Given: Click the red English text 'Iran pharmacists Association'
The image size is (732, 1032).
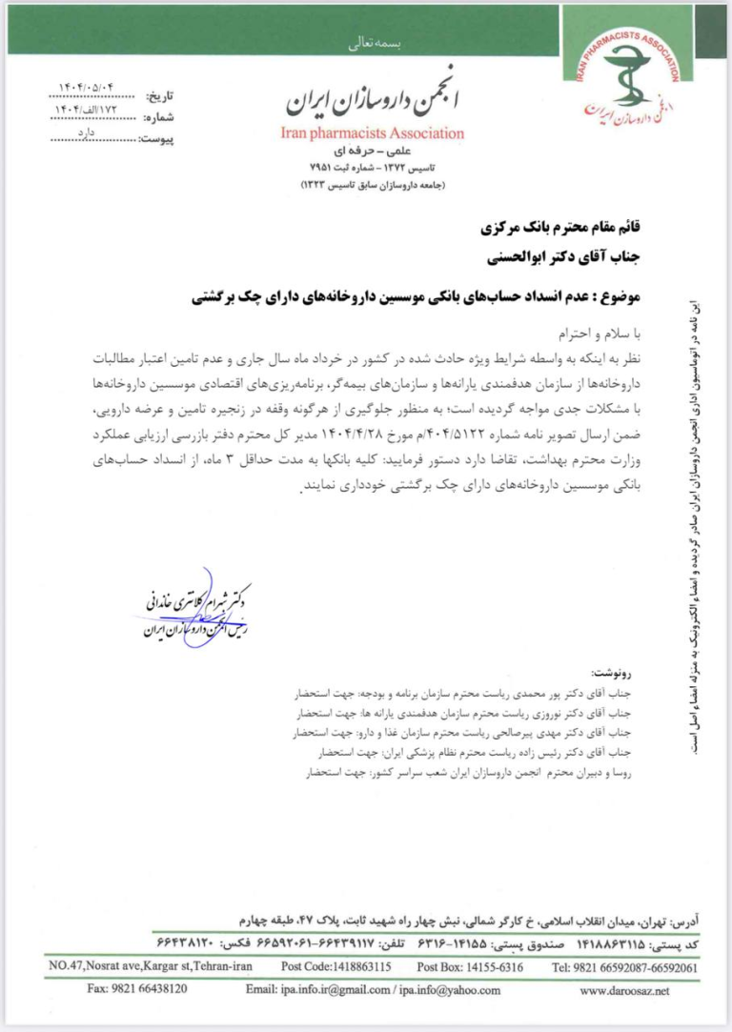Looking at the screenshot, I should point(374,133).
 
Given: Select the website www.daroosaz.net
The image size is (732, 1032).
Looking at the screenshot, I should point(624,990).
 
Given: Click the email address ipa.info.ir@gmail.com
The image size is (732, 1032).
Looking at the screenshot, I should point(321,990).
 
